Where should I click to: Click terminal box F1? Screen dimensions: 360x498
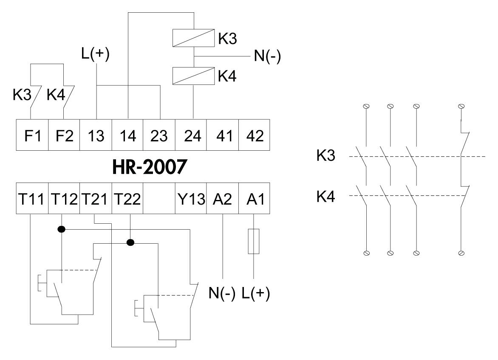pyautogui.click(x=32, y=136)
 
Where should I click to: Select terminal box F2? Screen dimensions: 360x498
pyautogui.click(x=64, y=136)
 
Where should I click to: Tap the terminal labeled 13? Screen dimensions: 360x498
pyautogui.click(x=96, y=136)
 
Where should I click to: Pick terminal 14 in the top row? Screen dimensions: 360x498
pyautogui.click(x=127, y=136)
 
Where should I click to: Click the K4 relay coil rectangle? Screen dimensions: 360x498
pyautogui.click(x=193, y=76)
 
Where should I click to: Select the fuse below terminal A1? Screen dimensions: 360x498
pyautogui.click(x=254, y=241)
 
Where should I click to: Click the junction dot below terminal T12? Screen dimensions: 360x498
pyautogui.click(x=62, y=229)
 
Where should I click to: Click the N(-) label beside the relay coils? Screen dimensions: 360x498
pyautogui.click(x=267, y=56)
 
